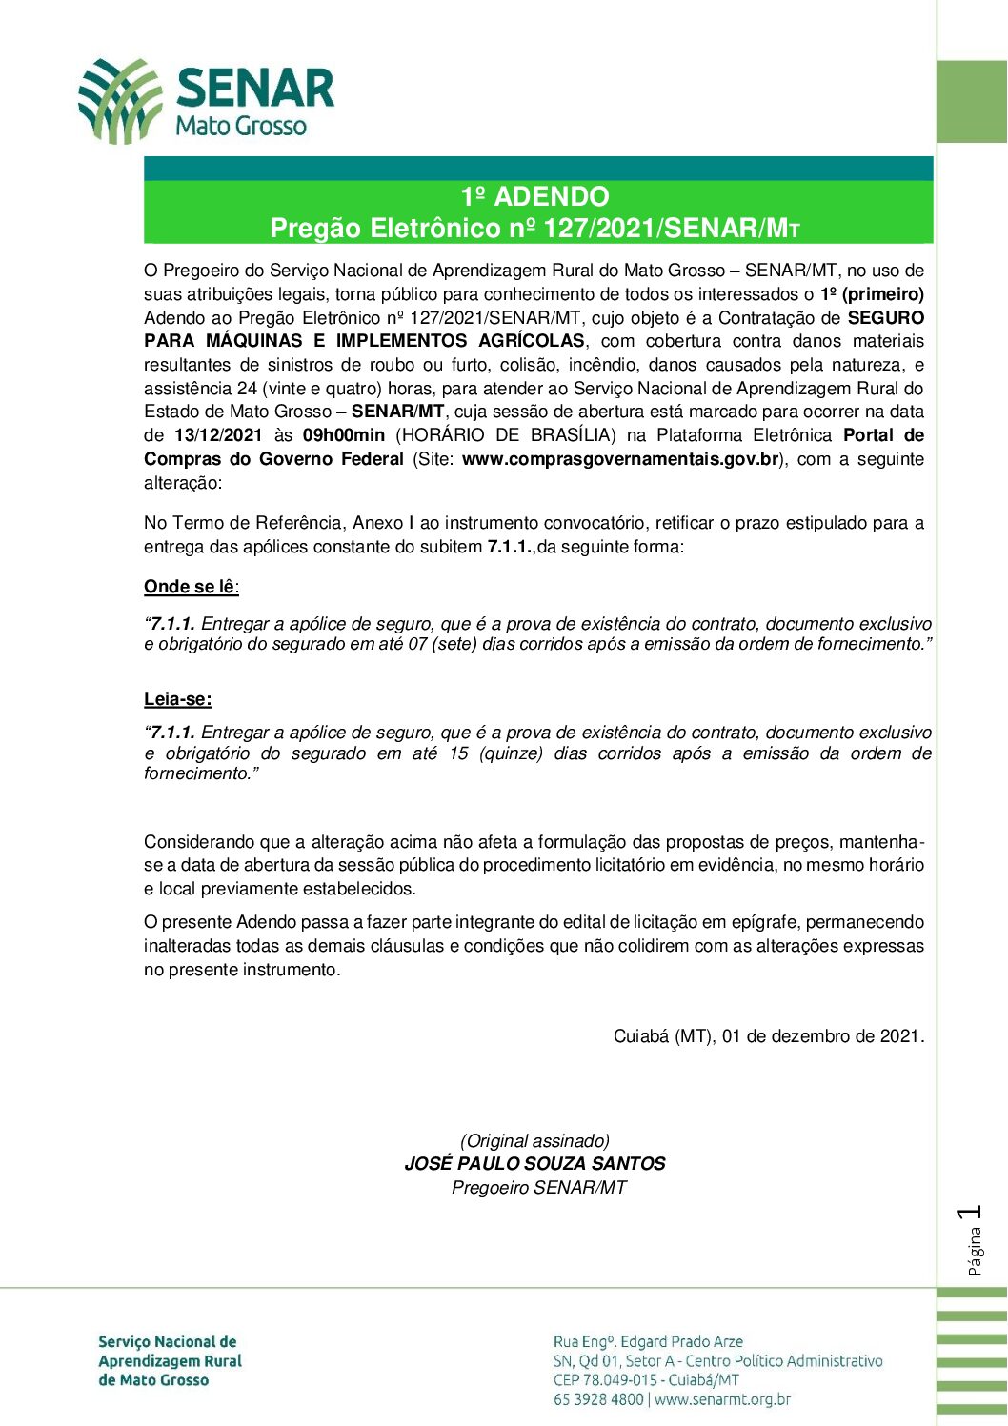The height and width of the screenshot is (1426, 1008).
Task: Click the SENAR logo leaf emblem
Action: click(118, 100)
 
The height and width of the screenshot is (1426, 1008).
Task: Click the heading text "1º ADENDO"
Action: click(534, 196)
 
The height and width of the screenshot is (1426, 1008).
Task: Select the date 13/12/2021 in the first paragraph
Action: click(218, 435)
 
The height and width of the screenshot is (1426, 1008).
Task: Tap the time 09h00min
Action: click(343, 435)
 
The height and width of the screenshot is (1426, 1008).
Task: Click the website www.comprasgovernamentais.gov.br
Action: click(620, 459)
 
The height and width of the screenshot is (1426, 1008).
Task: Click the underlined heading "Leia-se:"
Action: click(177, 699)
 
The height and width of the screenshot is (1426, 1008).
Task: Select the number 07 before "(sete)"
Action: click(417, 644)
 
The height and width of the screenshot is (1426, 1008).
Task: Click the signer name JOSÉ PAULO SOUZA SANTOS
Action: click(534, 1164)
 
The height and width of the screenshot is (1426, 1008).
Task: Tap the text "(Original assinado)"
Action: click(534, 1140)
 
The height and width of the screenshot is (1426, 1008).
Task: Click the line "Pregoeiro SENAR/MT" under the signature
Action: click(538, 1188)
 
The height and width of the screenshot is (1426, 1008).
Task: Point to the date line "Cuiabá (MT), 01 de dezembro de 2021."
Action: click(769, 1035)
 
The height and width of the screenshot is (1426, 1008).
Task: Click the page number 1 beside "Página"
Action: click(972, 1213)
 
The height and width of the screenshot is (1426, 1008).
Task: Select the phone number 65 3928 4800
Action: click(598, 1400)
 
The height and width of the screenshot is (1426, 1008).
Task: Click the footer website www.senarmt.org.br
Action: click(722, 1400)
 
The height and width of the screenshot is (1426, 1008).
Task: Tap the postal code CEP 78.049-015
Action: click(605, 1380)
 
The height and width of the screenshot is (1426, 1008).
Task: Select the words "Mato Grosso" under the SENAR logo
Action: click(241, 126)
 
